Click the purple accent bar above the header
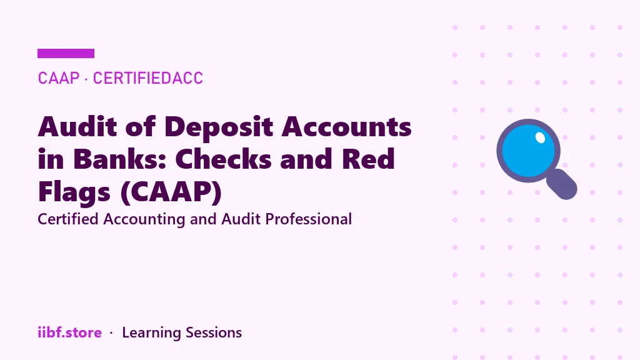[66, 54]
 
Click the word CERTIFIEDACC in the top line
[147, 78]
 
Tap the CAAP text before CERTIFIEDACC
[58, 78]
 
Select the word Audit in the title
[77, 126]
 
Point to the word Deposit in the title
[219, 127]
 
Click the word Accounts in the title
[346, 127]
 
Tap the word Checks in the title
[223, 159]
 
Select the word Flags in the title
[74, 192]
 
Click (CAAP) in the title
[171, 192]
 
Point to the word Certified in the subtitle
[68, 219]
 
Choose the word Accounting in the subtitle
[144, 220]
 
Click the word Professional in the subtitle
[308, 219]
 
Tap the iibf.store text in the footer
[70, 332]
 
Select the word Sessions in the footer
[214, 332]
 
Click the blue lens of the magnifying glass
[527, 151]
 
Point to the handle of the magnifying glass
[562, 184]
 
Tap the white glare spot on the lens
[540, 137]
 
